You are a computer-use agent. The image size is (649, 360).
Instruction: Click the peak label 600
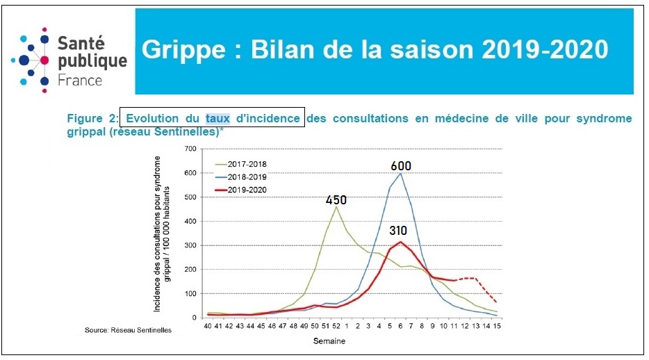tap(401, 166)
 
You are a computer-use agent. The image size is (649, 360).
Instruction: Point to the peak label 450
tap(336, 200)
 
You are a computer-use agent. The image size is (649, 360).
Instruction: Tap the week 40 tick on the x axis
tap(208, 325)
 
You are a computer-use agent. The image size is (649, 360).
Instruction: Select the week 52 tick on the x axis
tap(336, 325)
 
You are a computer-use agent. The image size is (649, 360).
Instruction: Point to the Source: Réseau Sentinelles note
tap(128, 330)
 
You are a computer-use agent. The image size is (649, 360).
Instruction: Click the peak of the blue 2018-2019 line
tap(400, 173)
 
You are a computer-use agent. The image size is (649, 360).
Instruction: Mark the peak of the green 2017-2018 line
tap(336, 206)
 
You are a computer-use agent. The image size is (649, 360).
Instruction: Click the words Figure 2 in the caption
tap(91, 118)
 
